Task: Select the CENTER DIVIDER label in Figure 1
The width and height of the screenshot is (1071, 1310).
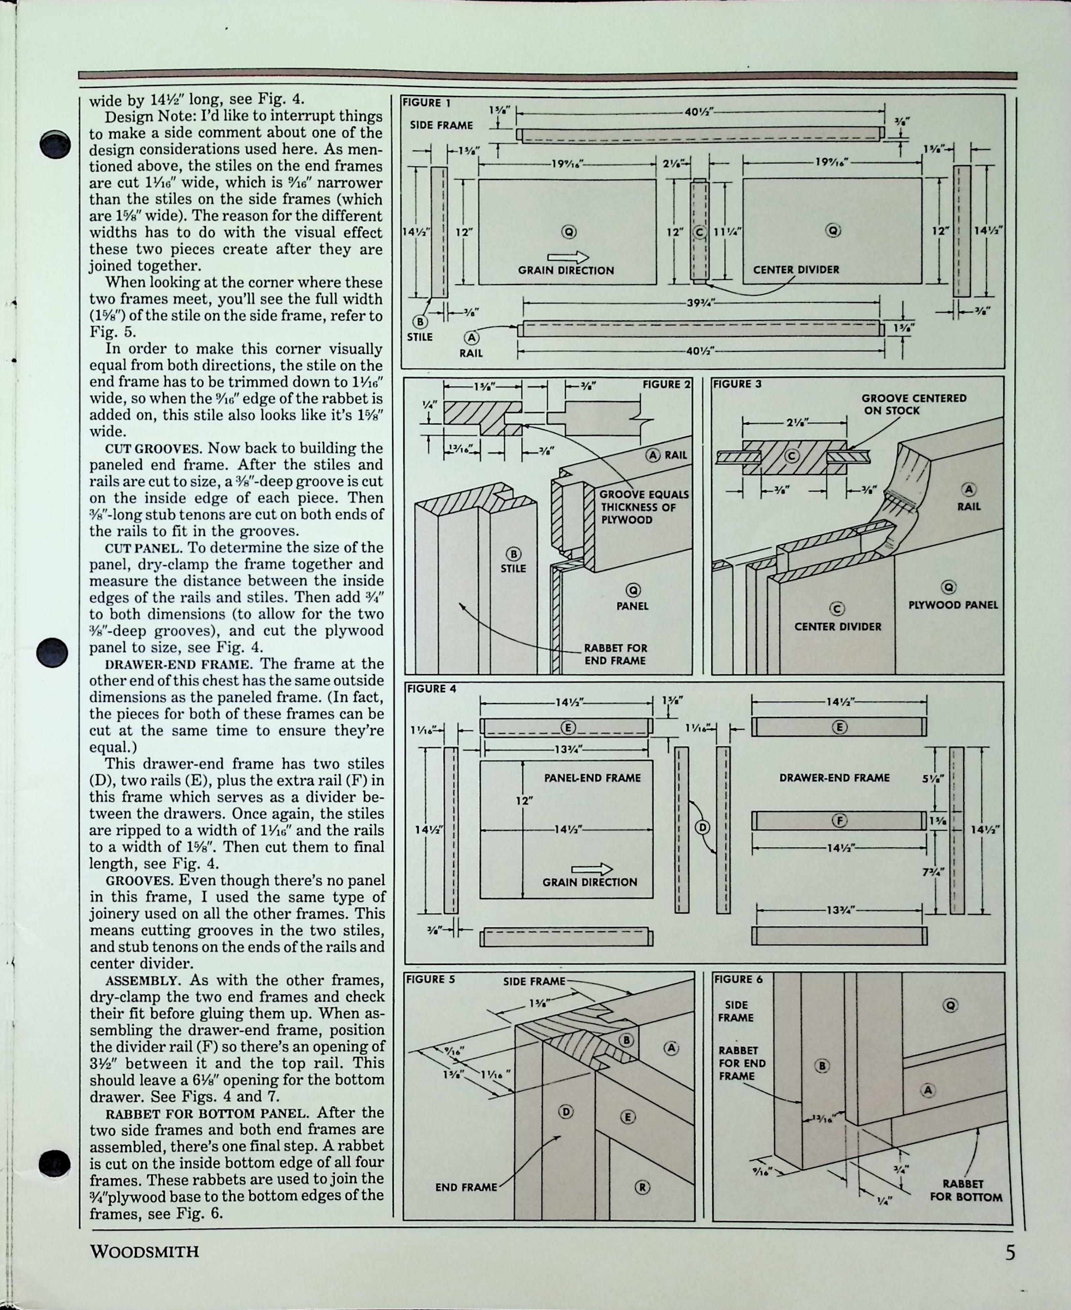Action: [796, 269]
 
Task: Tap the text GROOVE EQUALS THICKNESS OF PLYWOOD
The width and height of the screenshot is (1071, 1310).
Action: [643, 507]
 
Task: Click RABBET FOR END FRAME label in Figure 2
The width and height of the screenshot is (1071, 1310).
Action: [615, 654]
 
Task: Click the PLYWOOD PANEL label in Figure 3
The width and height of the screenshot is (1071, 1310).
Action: [952, 605]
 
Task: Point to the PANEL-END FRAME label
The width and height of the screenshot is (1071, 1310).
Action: [592, 778]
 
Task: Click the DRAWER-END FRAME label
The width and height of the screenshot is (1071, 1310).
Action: [834, 778]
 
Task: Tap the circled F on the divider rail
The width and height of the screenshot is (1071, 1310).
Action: [839, 820]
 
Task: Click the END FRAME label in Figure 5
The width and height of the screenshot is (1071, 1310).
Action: [466, 1187]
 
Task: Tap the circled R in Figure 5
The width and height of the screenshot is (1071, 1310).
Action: [642, 1187]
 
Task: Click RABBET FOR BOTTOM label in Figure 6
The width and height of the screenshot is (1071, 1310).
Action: [965, 1190]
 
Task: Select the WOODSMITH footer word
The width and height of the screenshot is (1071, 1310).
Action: [145, 1252]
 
